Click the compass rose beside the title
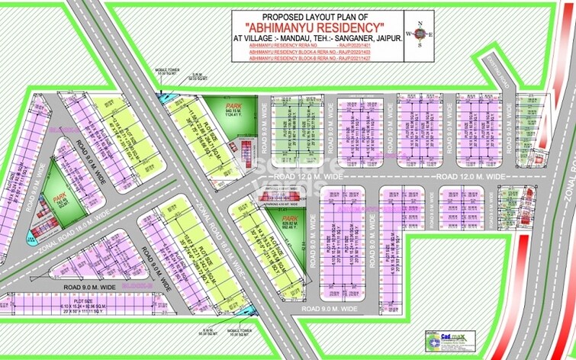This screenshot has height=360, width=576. coord(419,34)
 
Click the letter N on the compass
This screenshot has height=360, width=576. coord(419,21)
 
